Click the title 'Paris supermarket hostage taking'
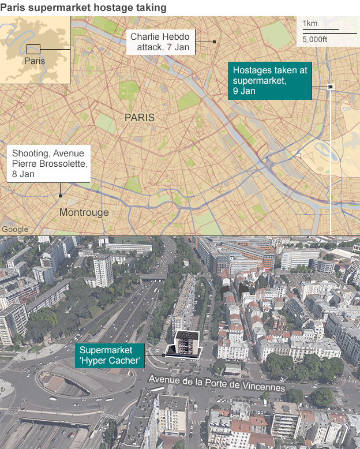click(84, 8)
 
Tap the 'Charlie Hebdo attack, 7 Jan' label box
click(160, 42)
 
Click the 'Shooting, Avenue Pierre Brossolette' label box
click(48, 164)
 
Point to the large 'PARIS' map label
click(140, 117)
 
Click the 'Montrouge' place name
click(84, 212)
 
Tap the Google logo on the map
click(15, 229)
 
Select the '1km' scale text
click(310, 24)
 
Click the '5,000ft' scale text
click(315, 39)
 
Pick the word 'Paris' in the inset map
click(35, 61)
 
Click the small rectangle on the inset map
click(33, 49)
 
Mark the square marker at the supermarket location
click(331, 87)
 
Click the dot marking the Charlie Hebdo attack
click(214, 42)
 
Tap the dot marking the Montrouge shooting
click(60, 196)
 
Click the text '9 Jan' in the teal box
click(245, 91)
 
